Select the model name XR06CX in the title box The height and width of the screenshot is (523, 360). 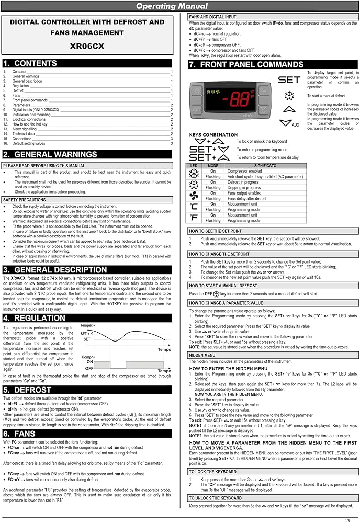[x=87, y=46]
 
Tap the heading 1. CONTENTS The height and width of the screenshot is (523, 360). [x=37, y=63]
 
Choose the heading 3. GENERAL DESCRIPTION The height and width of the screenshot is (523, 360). [x=62, y=270]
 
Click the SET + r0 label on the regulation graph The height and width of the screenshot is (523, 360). [x=87, y=333]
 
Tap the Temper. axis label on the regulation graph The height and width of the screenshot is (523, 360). [x=89, y=325]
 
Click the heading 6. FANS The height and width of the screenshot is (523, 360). [x=29, y=434]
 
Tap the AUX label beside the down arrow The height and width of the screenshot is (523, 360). [x=296, y=125]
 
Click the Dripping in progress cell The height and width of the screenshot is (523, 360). [x=245, y=187]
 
